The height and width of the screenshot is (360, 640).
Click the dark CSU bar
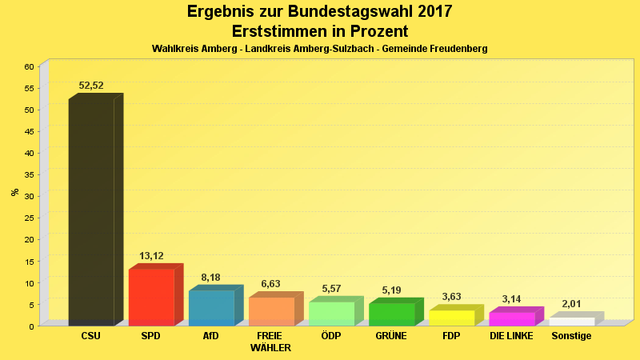point(91,212)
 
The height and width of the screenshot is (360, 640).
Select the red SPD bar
point(151,297)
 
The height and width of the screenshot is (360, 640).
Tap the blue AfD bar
point(211,308)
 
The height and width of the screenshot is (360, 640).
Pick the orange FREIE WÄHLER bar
point(271,311)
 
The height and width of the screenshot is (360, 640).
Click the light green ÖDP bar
point(331,313)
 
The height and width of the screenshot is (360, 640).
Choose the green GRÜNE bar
point(391,314)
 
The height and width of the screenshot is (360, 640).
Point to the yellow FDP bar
point(451,317)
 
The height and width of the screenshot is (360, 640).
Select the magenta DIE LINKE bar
point(511,318)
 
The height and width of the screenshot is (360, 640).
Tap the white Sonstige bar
point(571,321)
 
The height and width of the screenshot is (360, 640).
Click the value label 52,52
point(91,86)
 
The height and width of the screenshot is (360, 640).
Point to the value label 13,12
point(151,256)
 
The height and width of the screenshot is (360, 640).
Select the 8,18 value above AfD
point(210,278)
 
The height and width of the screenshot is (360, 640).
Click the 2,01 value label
point(571,304)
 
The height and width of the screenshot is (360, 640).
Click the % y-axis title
point(14,192)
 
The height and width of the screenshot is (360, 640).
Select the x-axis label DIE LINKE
point(511,336)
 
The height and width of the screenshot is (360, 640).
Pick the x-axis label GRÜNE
point(391,336)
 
